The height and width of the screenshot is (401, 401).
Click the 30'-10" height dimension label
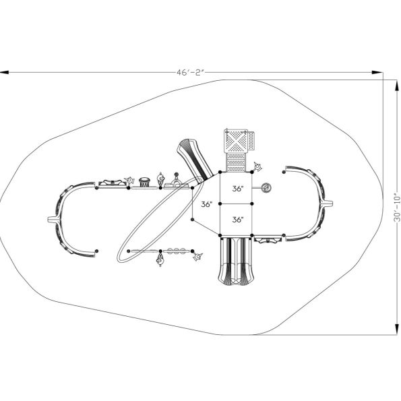pyautogui.click(x=396, y=206)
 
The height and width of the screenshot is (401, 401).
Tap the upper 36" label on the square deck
pyautogui.click(x=236, y=189)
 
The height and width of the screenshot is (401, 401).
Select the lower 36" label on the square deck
pyautogui.click(x=236, y=219)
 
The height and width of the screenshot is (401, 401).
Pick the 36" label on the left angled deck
pyautogui.click(x=206, y=204)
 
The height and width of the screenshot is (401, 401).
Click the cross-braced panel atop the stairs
pyautogui.click(x=235, y=141)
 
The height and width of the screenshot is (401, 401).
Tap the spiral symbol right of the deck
pyautogui.click(x=267, y=187)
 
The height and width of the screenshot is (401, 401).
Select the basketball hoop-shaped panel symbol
pyautogui.click(x=144, y=181)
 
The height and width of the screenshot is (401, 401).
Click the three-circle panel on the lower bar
pyautogui.click(x=177, y=251)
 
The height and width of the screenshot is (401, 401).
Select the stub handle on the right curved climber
pyautogui.click(x=328, y=202)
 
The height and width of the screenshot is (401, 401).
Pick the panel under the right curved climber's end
pyautogui.click(x=268, y=239)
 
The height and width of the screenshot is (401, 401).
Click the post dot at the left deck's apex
pyautogui.click(x=193, y=217)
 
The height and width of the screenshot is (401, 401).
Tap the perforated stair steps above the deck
pyautogui.click(x=235, y=163)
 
